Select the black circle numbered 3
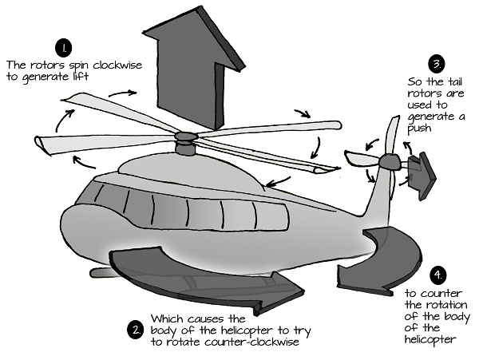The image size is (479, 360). (x=436, y=63)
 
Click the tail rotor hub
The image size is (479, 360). (x=388, y=161)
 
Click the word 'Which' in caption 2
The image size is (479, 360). (x=167, y=318)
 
